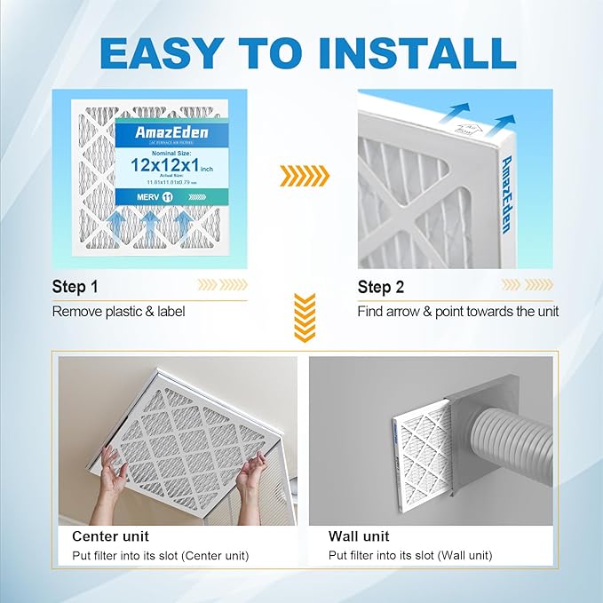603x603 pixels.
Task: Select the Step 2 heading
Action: (x=381, y=287)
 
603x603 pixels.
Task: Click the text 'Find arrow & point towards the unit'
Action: (x=457, y=312)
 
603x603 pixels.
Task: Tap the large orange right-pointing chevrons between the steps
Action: (x=304, y=176)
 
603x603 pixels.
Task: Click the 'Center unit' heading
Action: (x=110, y=536)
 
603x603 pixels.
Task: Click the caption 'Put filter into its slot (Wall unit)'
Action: (x=410, y=556)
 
